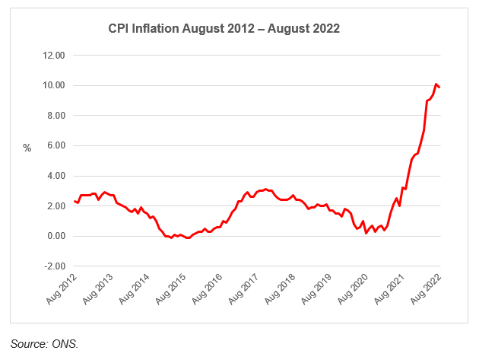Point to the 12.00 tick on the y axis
coord(54,56)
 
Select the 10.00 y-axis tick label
coord(54,85)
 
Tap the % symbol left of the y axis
coord(27,148)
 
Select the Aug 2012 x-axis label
coord(63,290)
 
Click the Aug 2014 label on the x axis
coord(136,290)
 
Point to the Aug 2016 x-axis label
coord(209,290)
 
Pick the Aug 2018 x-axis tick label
coord(282,290)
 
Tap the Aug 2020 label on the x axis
coord(355,290)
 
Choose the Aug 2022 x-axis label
coord(428,290)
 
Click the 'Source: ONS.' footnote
coord(45,344)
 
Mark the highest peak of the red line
coord(436,84)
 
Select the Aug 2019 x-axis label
coord(319,290)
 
